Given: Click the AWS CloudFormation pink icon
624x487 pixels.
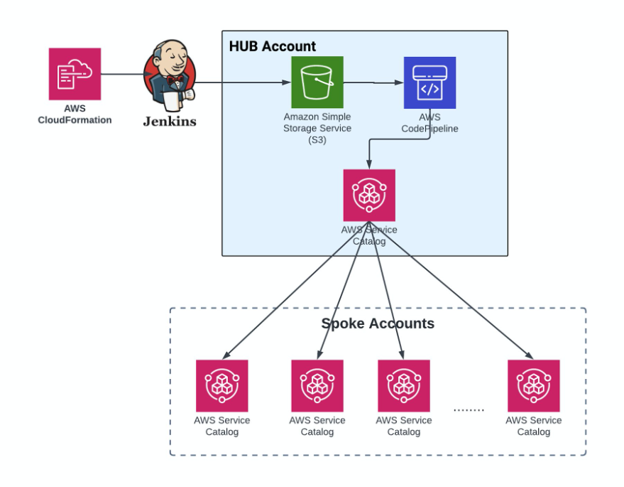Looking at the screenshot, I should [x=75, y=74].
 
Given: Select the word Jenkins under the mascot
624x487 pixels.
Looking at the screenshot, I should [x=170, y=122].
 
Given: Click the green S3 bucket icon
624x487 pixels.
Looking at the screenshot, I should [x=317, y=82].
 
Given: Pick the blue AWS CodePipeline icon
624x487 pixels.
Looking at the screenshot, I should [x=430, y=82].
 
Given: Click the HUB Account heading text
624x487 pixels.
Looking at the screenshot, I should [x=273, y=47].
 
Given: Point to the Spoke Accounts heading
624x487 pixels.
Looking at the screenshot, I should [x=378, y=324].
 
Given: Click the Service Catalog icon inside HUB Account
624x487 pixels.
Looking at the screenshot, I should [x=369, y=195].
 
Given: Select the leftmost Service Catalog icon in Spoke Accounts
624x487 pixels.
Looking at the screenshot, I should [x=222, y=385].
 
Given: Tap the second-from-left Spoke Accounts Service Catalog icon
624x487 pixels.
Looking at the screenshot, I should [x=317, y=385].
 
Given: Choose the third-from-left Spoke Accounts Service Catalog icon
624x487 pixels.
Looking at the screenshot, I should [x=404, y=385].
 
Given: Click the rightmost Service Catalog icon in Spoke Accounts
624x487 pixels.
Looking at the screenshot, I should [x=533, y=385].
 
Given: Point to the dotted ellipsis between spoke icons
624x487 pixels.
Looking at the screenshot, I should [x=469, y=410].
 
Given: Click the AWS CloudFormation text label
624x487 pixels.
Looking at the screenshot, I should [x=75, y=114].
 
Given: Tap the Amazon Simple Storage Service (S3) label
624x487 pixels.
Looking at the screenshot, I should [x=317, y=129].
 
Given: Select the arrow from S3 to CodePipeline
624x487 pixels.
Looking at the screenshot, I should [x=373, y=82].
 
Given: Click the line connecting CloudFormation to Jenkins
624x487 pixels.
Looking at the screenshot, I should [x=121, y=73].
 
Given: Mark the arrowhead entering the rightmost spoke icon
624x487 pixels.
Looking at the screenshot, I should [x=529, y=356].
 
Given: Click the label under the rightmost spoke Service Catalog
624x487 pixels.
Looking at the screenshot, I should [x=533, y=426].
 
